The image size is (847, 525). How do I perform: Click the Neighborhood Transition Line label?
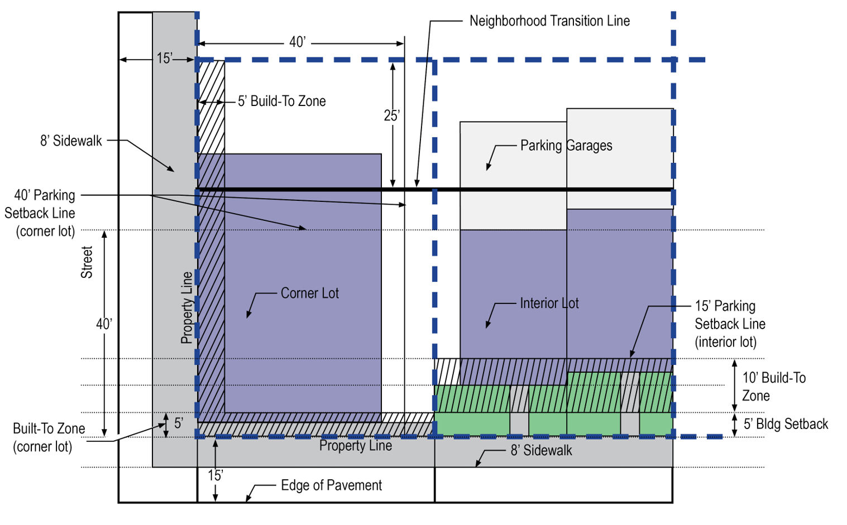549,21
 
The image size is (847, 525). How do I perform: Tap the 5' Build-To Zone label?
281,102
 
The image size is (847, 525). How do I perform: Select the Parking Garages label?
566,146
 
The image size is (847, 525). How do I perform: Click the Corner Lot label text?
309,293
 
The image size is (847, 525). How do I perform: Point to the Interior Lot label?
549,304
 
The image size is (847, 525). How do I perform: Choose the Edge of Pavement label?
331,485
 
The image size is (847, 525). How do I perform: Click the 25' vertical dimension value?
391,115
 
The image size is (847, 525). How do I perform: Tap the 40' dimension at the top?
298,42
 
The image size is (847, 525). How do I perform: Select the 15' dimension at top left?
164,59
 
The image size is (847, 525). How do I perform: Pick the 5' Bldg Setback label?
786,424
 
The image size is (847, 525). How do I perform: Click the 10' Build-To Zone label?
774,387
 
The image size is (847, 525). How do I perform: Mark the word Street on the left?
87,263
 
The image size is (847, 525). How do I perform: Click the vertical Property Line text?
187,307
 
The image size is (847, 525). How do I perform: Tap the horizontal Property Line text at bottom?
355,446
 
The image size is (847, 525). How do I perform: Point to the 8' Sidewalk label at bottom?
541,451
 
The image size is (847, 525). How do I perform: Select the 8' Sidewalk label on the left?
71,141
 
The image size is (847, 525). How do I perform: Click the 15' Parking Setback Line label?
729,324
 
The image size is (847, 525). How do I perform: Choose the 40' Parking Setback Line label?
40,213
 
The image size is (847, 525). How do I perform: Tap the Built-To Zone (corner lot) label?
49,437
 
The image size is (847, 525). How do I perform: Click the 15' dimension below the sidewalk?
216,475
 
